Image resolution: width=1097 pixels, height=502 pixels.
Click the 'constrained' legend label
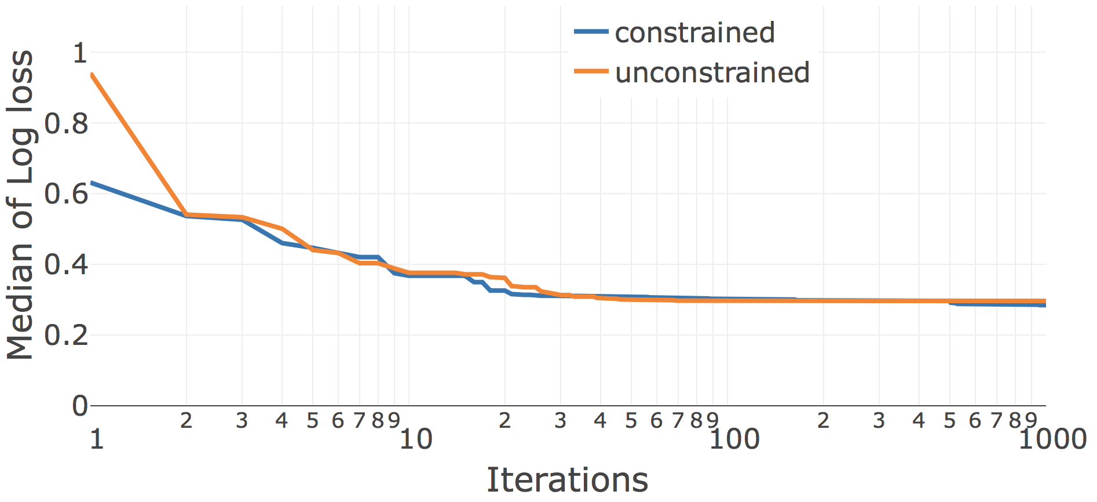click(x=694, y=32)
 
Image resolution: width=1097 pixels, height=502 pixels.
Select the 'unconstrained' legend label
click(x=712, y=72)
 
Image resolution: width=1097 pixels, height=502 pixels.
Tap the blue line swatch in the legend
click(x=591, y=32)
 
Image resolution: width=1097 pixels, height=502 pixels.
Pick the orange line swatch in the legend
click(x=591, y=71)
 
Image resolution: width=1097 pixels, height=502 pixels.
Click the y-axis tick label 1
click(x=79, y=53)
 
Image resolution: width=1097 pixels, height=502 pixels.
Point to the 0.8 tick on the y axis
click(x=67, y=123)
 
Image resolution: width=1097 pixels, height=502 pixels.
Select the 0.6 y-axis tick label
click(x=67, y=194)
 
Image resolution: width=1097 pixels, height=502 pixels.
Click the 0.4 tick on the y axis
click(x=67, y=265)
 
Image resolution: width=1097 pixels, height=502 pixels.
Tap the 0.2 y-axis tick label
click(x=67, y=335)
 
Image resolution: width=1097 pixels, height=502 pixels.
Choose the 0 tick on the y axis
click(x=80, y=406)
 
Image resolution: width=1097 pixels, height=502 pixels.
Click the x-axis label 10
click(x=415, y=440)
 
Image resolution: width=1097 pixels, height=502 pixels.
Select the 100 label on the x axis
click(x=734, y=440)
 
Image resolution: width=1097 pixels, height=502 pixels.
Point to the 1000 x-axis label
click(x=1052, y=440)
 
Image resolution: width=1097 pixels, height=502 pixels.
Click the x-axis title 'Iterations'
click(x=567, y=480)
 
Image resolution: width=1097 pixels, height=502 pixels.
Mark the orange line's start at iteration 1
click(x=92, y=75)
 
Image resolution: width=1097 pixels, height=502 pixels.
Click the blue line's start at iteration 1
click(x=92, y=183)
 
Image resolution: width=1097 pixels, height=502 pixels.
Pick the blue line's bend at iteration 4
click(x=282, y=243)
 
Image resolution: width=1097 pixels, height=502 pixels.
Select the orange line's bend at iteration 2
click(x=186, y=214)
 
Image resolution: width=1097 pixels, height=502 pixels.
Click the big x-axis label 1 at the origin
click(x=97, y=440)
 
